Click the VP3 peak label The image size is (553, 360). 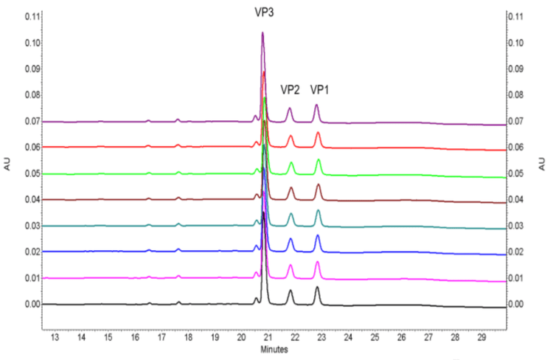point(263,13)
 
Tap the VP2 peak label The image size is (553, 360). point(290,90)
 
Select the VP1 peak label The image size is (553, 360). point(319,90)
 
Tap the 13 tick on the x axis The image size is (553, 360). point(55,337)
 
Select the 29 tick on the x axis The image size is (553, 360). point(481,337)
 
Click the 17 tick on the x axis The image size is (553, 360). point(161,337)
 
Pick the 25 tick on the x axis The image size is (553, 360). point(375,337)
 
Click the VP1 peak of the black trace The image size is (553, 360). point(317,288)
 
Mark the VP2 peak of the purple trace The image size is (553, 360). point(289,108)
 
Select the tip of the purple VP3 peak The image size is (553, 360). point(262,32)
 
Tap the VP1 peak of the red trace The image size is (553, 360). point(318,133)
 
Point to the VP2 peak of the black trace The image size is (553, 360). point(291,291)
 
